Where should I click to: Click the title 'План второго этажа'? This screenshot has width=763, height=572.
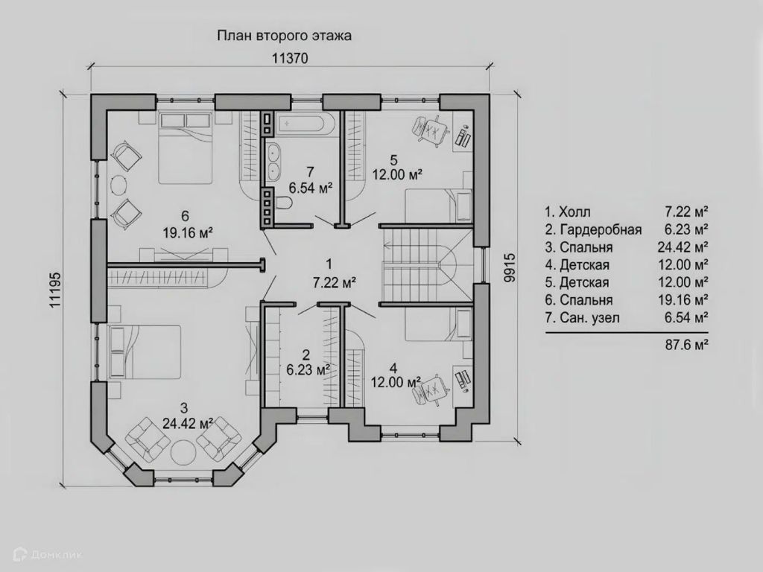tap(284, 36)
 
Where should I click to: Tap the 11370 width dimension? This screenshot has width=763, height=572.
tap(290, 59)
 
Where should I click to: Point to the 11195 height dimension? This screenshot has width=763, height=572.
tap(55, 289)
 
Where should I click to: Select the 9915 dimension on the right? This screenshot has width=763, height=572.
tap(510, 267)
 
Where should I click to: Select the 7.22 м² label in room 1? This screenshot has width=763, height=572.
tap(335, 282)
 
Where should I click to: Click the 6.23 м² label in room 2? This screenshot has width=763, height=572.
tap(308, 370)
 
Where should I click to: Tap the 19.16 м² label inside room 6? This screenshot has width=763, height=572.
tap(188, 232)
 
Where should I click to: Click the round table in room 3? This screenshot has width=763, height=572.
tap(183, 452)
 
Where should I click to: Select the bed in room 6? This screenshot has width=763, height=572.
tap(186, 148)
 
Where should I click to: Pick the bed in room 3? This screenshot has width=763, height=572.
tap(145, 352)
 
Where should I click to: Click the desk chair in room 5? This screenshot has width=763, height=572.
tap(430, 130)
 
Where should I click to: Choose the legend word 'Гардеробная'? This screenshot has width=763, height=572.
tap(601, 229)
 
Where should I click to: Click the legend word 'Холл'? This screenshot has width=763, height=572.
tap(574, 212)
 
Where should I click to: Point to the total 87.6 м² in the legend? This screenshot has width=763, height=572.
tap(686, 345)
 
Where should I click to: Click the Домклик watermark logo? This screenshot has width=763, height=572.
tap(48, 554)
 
